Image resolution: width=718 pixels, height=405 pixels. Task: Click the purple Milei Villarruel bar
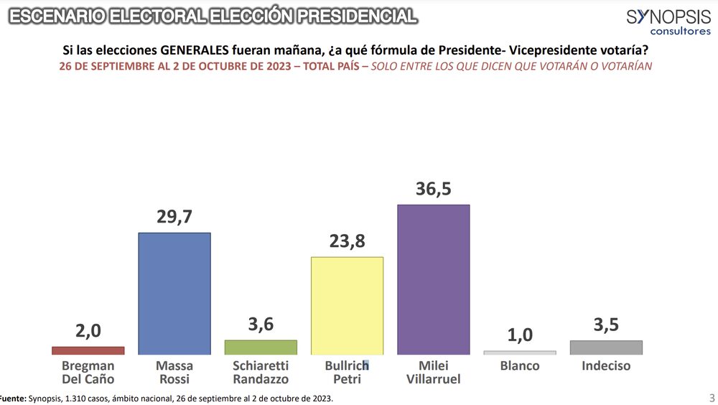[433, 279]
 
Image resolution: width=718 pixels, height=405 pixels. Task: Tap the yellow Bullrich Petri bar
[347, 305]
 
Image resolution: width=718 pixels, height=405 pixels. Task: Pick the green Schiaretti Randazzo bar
[261, 347]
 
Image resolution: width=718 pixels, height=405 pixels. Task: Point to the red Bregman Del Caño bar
[88, 350]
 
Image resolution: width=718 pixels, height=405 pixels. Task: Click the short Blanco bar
[520, 353]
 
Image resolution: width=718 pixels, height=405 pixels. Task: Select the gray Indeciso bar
[606, 348]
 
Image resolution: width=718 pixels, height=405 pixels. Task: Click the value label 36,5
[434, 189]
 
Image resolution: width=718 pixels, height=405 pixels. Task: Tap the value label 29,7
[174, 217]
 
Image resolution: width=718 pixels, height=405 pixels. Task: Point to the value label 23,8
[347, 241]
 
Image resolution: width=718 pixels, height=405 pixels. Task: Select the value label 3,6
[261, 325]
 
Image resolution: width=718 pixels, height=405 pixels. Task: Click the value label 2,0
[88, 331]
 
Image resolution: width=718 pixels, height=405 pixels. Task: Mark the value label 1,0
[520, 335]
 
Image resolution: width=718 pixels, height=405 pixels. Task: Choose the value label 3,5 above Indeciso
[606, 325]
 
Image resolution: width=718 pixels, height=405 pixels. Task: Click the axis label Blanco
[520, 366]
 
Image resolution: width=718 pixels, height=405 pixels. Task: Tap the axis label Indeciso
[606, 366]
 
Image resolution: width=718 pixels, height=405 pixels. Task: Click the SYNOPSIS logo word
[668, 17]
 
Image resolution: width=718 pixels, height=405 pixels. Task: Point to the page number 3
[712, 397]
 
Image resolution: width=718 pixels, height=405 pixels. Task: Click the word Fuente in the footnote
[11, 398]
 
